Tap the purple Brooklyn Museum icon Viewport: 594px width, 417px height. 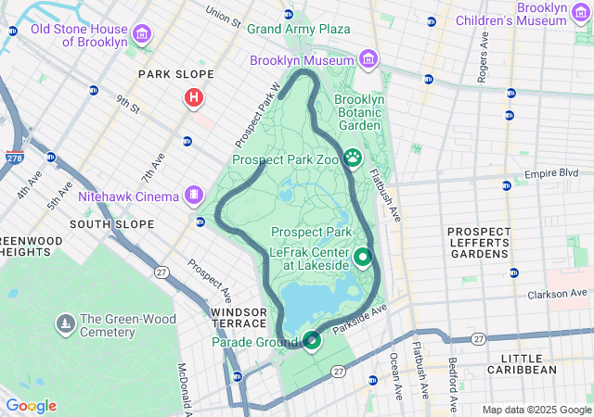point(368,59)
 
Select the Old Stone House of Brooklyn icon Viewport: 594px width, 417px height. point(141,35)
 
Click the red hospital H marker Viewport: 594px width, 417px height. point(194,96)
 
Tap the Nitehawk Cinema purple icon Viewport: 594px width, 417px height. point(193,195)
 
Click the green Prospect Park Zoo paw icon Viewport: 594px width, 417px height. point(353,159)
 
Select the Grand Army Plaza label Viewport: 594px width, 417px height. point(298,29)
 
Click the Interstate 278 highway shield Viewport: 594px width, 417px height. point(15,158)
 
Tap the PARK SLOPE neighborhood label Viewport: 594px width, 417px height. point(175,74)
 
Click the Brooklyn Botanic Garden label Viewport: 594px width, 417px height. point(358,112)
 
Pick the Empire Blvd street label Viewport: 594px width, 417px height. point(551,173)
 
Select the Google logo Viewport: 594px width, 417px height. point(31,406)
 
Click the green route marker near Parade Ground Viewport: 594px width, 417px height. point(312,341)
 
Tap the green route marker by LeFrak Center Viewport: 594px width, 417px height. point(363,257)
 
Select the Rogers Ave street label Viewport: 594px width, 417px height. point(482,61)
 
